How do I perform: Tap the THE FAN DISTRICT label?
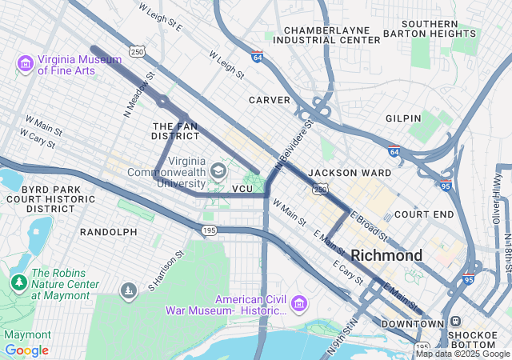coord(175,131)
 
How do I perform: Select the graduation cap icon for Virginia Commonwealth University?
coord(218,170)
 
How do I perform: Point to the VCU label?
coord(242,189)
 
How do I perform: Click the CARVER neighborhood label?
coord(269,100)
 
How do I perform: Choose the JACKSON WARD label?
coord(350,173)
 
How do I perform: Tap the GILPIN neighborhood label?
coord(403,118)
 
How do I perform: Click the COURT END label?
coord(424,214)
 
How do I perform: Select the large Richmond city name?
coord(386,255)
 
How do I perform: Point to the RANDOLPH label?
coord(109,232)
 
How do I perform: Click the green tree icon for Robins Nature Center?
coord(18,282)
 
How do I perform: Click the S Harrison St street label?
coord(166,270)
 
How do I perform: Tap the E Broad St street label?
coord(369,226)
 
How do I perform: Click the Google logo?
coord(26,350)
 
